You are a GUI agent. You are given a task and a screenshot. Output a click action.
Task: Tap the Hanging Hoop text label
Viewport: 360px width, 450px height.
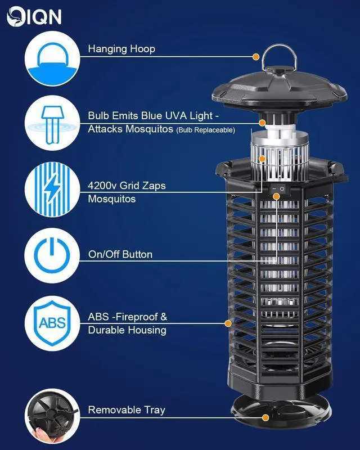(x=121, y=49)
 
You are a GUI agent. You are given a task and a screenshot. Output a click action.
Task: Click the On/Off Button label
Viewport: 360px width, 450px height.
(x=120, y=254)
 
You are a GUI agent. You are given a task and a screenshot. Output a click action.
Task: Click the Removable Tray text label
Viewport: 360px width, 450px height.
(x=127, y=410)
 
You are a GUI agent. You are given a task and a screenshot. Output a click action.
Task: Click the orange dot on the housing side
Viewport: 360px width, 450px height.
(x=228, y=323)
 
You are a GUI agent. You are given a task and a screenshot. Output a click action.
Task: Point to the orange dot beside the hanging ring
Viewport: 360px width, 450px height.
(x=256, y=57)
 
